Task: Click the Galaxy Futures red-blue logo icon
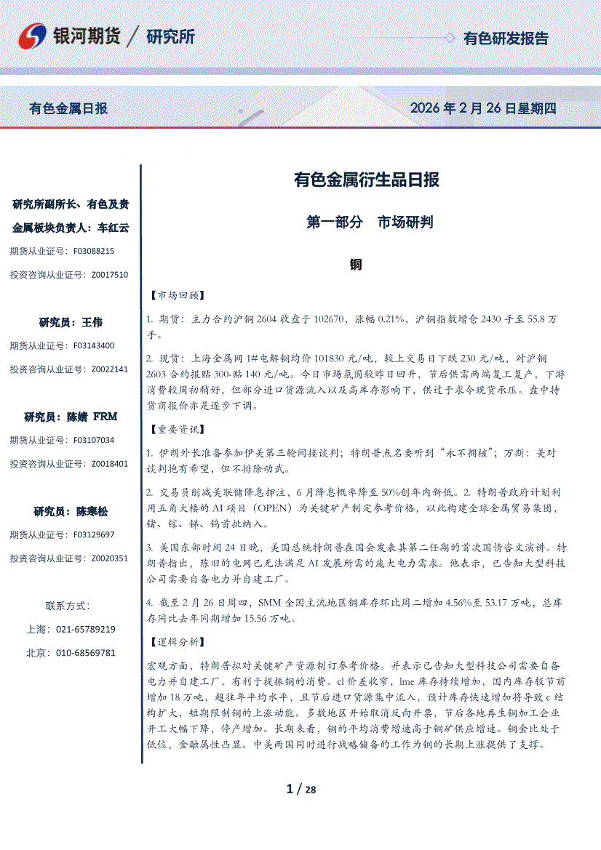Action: pos(33,36)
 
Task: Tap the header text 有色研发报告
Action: pos(506,39)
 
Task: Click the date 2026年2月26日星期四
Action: pos(483,108)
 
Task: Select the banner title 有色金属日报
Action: pos(68,108)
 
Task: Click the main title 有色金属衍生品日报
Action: pos(366,180)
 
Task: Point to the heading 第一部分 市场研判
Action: pos(370,222)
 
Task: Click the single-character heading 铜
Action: pos(356,265)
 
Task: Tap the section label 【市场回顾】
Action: pos(175,296)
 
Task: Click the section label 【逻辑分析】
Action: pos(175,642)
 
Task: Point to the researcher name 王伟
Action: pos(92,321)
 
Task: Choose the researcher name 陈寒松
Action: pos(92,511)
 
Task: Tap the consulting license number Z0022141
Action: pos(109,369)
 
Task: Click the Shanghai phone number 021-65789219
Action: pos(85,629)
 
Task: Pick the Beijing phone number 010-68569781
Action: pos(85,653)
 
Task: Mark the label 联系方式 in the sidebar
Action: pos(67,606)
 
